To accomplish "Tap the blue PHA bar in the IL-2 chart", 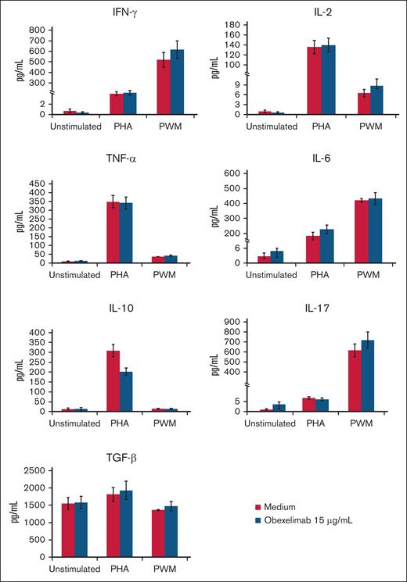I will [x=328, y=79].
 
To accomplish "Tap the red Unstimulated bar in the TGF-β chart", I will [x=68, y=530].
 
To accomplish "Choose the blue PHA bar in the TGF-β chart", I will [x=126, y=524].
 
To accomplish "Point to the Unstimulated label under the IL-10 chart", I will [x=75, y=423].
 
